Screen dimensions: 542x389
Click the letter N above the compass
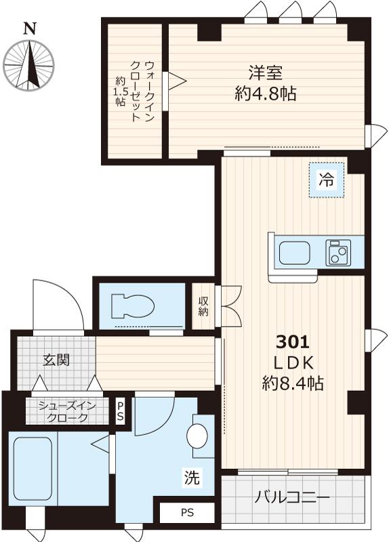(x=29, y=28)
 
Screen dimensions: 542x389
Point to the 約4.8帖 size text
(x=265, y=94)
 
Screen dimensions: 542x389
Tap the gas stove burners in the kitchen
(x=337, y=252)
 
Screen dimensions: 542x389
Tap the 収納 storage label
(x=203, y=307)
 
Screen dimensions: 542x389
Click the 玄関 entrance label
(x=56, y=360)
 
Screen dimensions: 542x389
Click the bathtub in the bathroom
(x=33, y=468)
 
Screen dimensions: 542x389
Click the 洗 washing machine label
(x=192, y=478)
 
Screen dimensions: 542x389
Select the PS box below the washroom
(x=186, y=513)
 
